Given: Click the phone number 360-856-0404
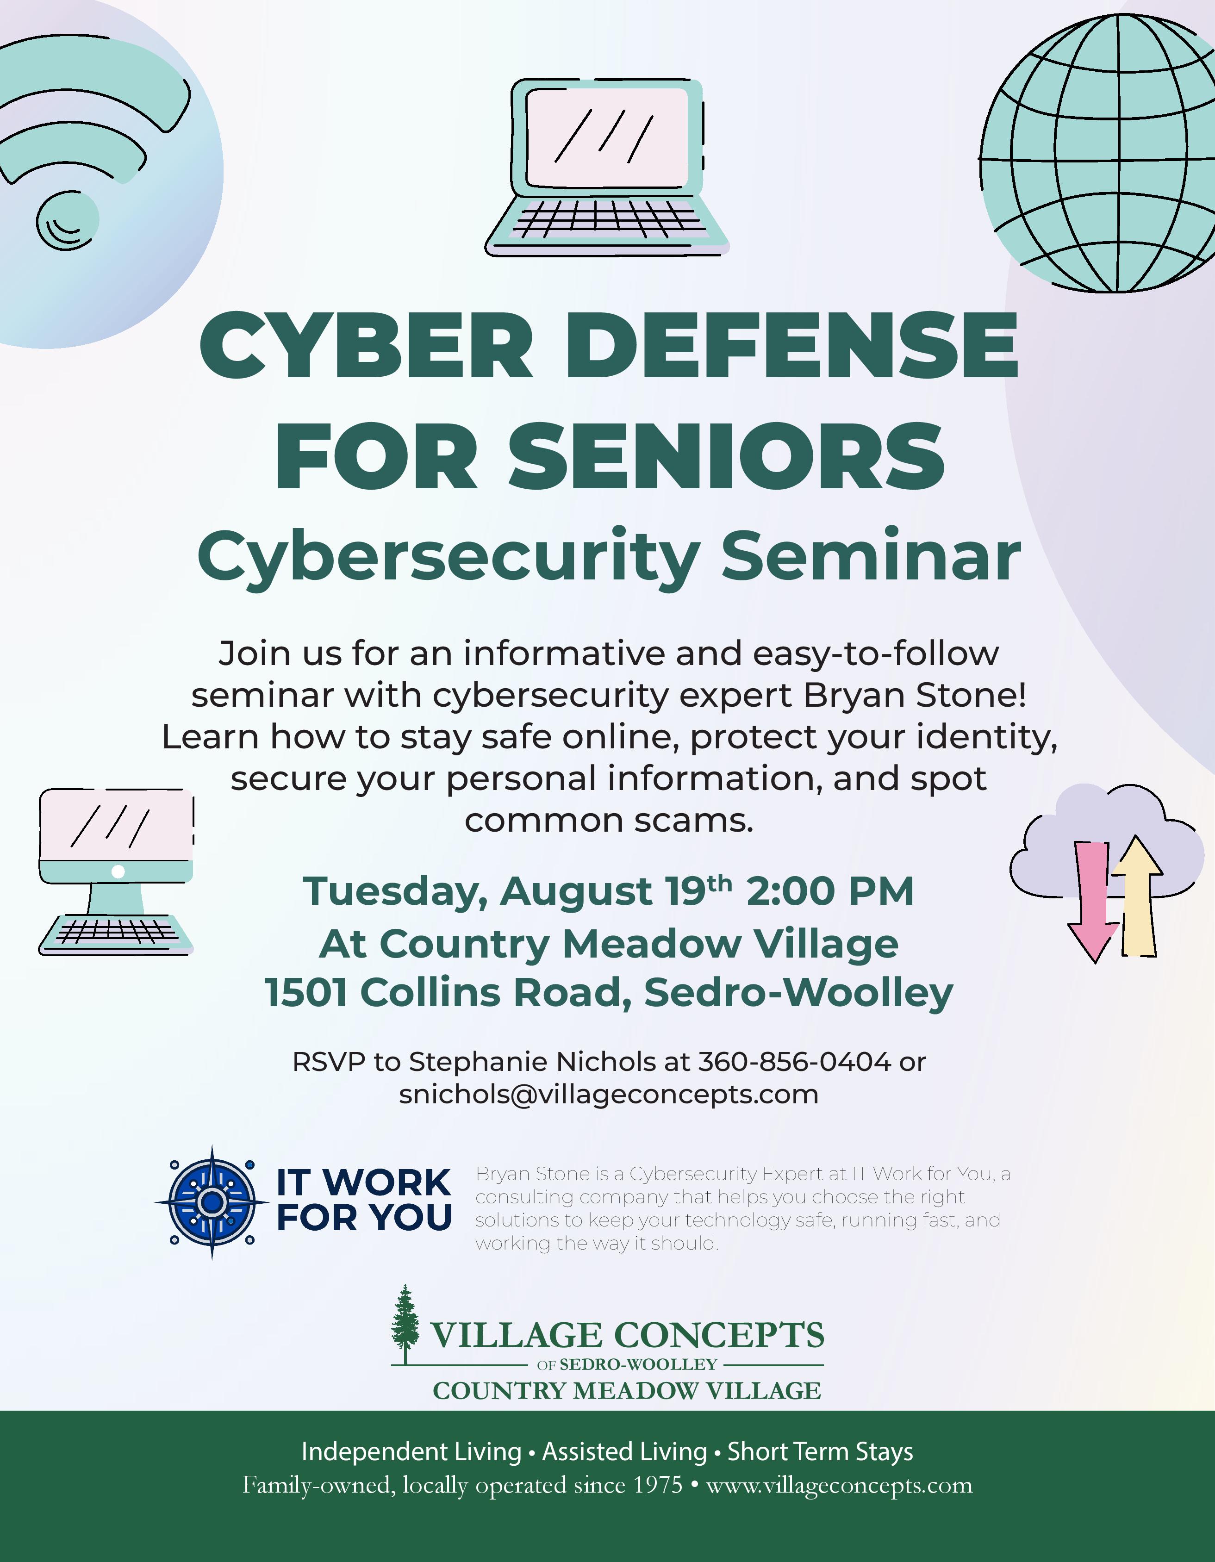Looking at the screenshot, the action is (x=794, y=1062).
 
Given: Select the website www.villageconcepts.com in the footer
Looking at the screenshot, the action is (x=839, y=1486).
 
